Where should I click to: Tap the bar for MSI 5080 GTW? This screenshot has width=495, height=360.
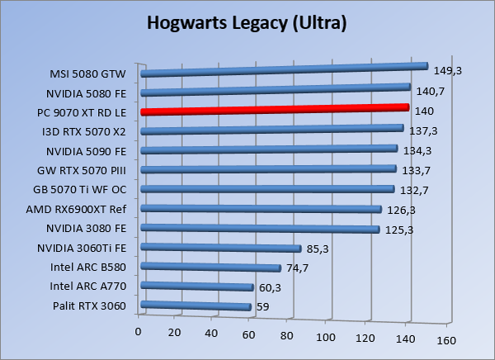[285, 70]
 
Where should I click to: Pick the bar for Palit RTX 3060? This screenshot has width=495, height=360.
[196, 307]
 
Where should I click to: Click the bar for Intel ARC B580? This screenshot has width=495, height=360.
[211, 268]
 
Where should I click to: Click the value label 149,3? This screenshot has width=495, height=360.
[447, 71]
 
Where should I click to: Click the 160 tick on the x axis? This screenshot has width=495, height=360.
[446, 339]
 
